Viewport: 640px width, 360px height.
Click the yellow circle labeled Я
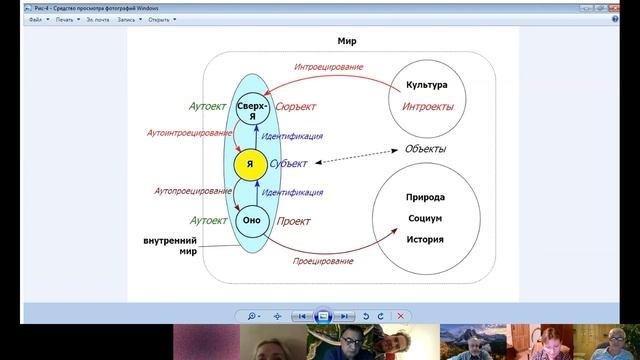[251, 164]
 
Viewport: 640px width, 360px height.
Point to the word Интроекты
[428, 106]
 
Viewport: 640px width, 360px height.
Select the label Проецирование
[323, 261]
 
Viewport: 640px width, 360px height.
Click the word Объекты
[425, 149]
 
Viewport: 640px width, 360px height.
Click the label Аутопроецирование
[187, 190]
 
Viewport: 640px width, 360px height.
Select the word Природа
[426, 198]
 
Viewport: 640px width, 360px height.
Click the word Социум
[426, 218]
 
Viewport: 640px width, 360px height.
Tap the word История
[426, 239]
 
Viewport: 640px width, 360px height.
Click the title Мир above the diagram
[348, 43]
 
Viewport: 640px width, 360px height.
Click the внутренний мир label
[170, 246]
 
